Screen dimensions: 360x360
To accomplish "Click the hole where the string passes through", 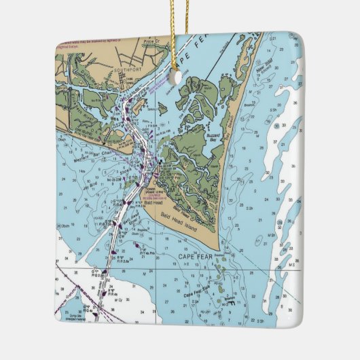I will pos(179,76).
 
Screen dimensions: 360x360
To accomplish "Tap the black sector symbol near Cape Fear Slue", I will pos(231,303).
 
